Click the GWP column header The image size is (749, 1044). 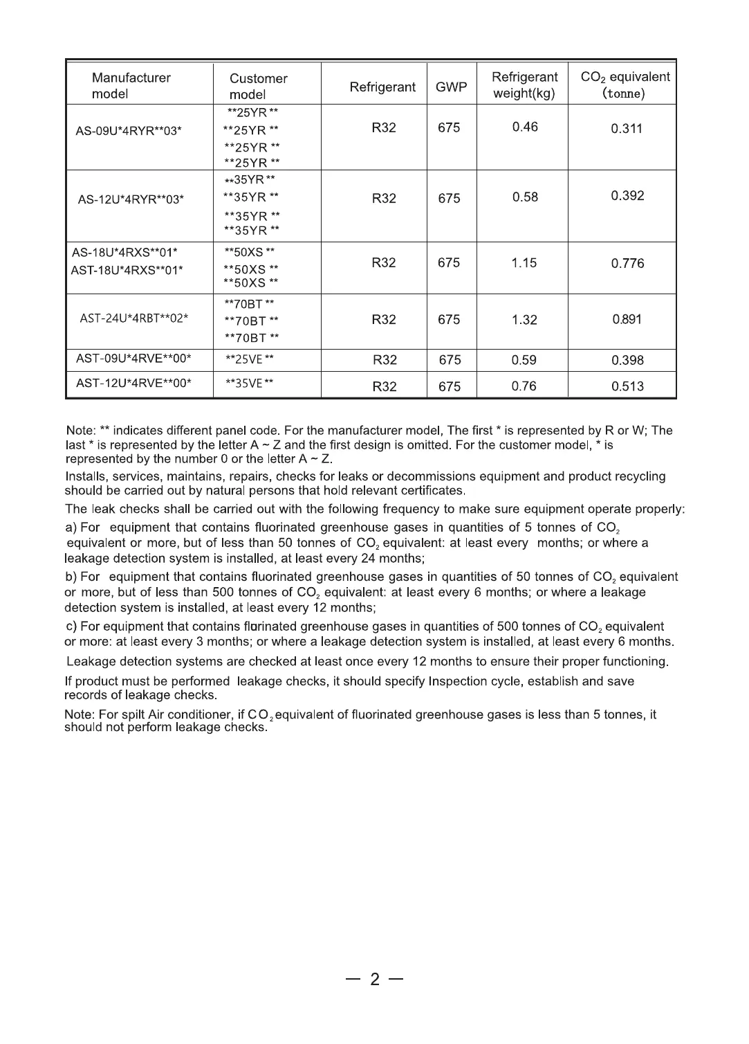[x=452, y=87]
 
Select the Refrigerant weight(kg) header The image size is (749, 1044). [x=524, y=85]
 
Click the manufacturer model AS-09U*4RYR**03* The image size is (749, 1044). [x=129, y=130]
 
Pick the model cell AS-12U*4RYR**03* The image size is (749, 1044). [x=131, y=200]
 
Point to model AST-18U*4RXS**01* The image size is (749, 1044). [x=128, y=270]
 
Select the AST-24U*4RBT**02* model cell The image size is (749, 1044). [x=134, y=318]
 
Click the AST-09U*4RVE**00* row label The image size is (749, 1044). [x=133, y=358]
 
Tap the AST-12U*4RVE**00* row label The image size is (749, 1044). [x=133, y=382]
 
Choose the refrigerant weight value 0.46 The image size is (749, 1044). [x=525, y=127]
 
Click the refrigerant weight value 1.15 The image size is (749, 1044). [x=524, y=263]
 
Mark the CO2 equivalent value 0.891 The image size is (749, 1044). [x=627, y=320]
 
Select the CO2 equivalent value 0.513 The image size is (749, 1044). [x=627, y=386]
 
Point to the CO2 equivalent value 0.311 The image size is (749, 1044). [x=627, y=128]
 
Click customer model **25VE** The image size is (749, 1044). [x=250, y=359]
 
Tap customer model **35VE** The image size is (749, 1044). [x=250, y=383]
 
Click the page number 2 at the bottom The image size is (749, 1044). [x=375, y=979]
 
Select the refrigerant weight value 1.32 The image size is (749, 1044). [x=524, y=320]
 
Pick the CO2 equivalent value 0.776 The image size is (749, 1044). [x=627, y=263]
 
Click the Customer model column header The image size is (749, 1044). [x=258, y=87]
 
